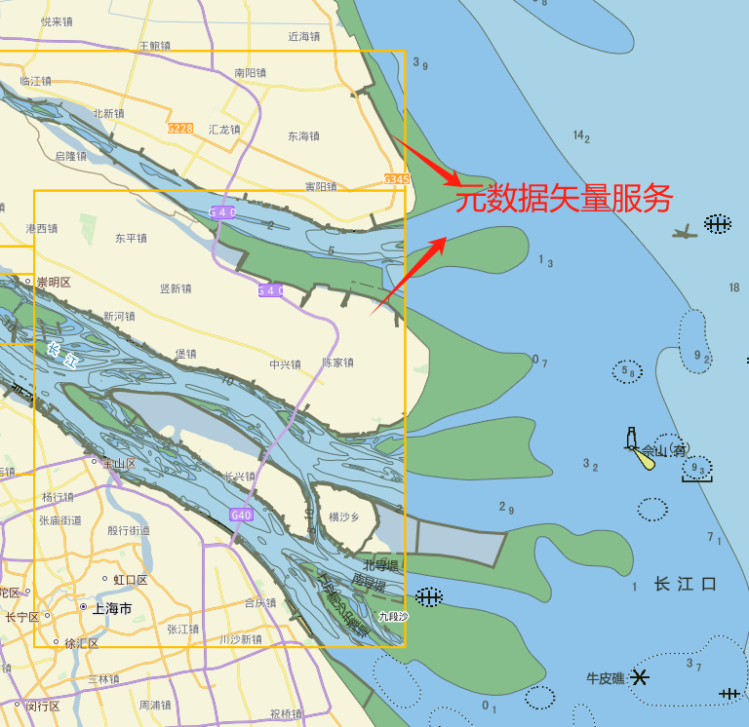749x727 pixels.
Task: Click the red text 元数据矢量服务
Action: click(565, 200)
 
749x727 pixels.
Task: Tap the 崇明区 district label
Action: click(54, 283)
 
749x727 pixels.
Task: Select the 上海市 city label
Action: click(111, 608)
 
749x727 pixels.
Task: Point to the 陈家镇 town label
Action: click(337, 363)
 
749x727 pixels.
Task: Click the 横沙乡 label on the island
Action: click(344, 517)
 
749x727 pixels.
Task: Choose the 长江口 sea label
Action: click(686, 585)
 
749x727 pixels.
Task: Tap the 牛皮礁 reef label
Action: click(606, 677)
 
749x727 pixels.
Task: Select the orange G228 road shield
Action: click(179, 129)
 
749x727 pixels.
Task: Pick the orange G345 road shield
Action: click(396, 179)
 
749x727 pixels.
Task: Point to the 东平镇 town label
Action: click(130, 238)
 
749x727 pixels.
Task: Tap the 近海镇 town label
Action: click(304, 37)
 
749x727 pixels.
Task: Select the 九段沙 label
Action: click(393, 617)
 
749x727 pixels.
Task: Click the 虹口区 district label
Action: click(130, 580)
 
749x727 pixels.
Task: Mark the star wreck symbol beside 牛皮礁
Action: click(640, 676)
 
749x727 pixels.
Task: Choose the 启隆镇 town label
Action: click(70, 156)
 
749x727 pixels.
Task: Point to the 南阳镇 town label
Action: click(251, 72)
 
